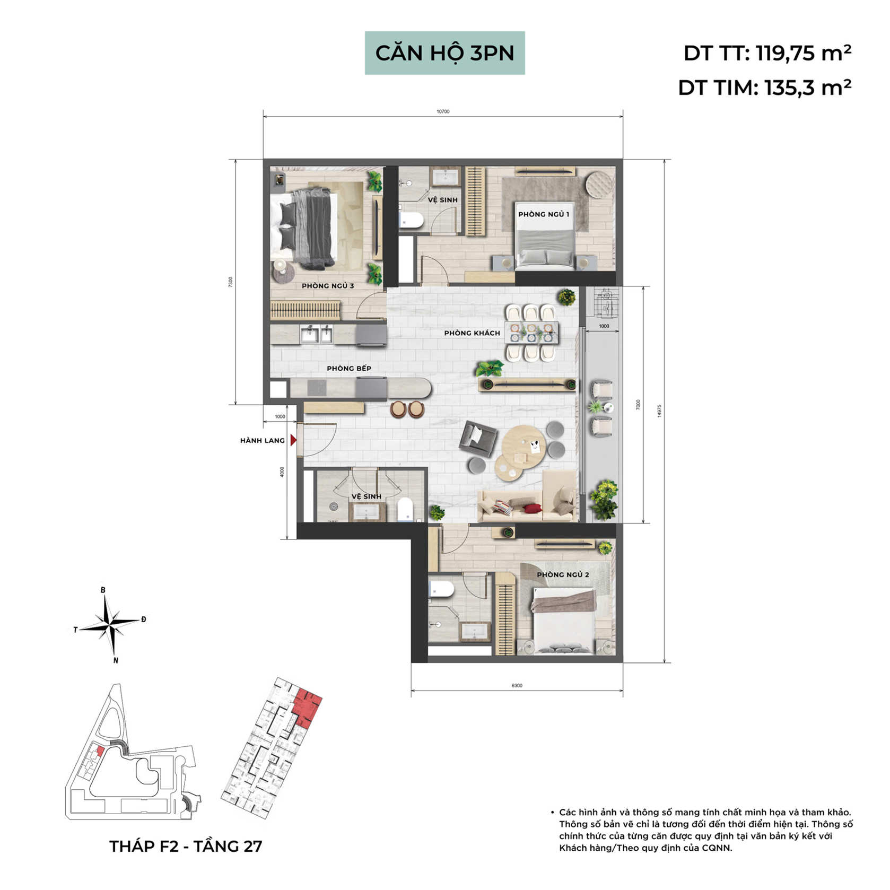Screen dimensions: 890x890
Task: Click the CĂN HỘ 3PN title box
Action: click(x=444, y=53)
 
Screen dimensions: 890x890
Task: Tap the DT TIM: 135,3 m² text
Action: click(x=764, y=88)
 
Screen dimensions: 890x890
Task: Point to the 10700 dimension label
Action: click(x=443, y=111)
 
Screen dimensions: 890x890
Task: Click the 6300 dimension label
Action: click(x=517, y=685)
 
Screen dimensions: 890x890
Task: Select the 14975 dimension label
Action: click(x=659, y=411)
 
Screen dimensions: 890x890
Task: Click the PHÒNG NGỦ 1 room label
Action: click(x=544, y=214)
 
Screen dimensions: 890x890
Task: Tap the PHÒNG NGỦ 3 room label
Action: click(x=328, y=286)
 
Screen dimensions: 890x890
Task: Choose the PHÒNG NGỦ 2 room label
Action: click(x=563, y=574)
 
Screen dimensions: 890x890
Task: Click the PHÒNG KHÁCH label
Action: click(x=472, y=333)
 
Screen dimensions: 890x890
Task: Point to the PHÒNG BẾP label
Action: click(x=349, y=368)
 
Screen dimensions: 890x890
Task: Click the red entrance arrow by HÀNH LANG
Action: click(x=293, y=440)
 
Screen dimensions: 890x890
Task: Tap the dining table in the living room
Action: click(x=531, y=333)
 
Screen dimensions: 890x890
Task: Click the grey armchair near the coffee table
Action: click(x=479, y=438)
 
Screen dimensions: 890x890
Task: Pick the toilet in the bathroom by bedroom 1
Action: click(x=412, y=220)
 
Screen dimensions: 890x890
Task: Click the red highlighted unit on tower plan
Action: click(x=307, y=707)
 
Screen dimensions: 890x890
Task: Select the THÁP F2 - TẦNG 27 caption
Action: click(x=186, y=846)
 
